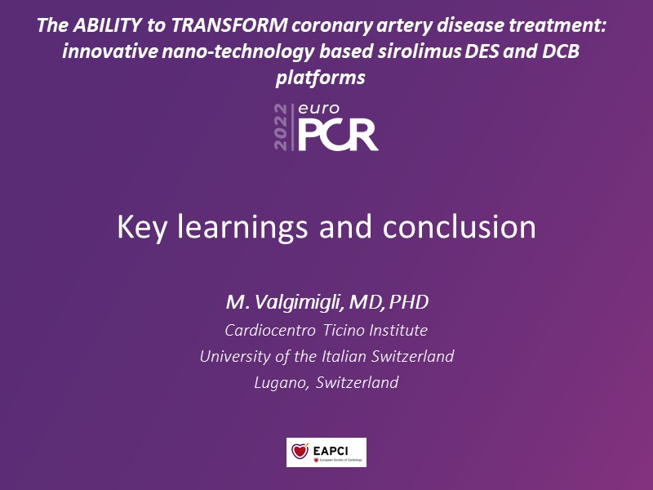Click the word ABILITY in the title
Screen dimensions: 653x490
click(107, 25)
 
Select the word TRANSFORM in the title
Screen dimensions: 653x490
click(229, 25)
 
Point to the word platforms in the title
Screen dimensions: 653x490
click(320, 78)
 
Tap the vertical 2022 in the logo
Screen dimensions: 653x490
click(281, 127)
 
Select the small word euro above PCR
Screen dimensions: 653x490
click(319, 109)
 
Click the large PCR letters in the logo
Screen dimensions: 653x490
click(338, 135)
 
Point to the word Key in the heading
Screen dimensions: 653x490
click(142, 228)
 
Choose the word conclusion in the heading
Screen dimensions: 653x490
click(459, 227)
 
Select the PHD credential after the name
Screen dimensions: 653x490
click(409, 302)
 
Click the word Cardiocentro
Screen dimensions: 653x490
click(270, 331)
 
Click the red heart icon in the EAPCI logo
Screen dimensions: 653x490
click(300, 451)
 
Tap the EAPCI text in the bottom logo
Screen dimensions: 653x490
click(331, 451)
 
